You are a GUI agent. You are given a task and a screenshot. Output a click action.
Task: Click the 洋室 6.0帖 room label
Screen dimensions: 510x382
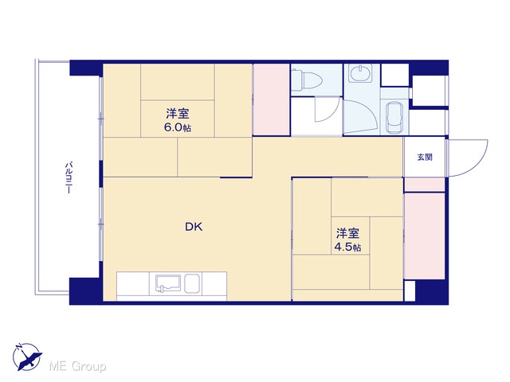pos(178,120)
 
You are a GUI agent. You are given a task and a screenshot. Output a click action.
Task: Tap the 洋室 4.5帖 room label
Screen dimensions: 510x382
pos(347,240)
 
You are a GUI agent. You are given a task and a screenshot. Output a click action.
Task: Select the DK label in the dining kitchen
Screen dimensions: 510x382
pos(194,227)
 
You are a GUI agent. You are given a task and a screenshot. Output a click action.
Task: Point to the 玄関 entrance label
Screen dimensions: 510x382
pos(425,158)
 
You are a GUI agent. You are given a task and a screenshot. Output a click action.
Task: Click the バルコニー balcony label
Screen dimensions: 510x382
pos(68,177)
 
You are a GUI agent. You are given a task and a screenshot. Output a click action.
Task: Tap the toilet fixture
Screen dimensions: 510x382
pos(306,80)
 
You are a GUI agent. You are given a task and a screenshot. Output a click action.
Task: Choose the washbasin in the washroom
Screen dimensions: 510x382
pos(359,72)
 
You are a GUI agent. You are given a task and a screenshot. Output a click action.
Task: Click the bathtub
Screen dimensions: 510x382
pos(394,117)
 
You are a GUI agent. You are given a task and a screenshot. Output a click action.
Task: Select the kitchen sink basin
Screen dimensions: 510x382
pos(168,284)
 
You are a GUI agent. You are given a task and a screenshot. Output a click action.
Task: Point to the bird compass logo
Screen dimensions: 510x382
pos(27,357)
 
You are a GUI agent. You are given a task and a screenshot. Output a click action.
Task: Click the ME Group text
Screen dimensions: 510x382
pos(78,366)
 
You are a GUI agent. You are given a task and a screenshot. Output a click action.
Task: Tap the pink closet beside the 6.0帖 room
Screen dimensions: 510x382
pos(272,99)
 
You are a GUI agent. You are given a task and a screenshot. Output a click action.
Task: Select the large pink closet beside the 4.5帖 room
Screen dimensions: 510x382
pos(424,236)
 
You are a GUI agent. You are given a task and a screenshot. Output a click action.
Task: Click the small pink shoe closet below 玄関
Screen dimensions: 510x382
pos(424,185)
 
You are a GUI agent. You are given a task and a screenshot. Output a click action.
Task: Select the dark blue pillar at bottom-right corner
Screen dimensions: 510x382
pos(432,292)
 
